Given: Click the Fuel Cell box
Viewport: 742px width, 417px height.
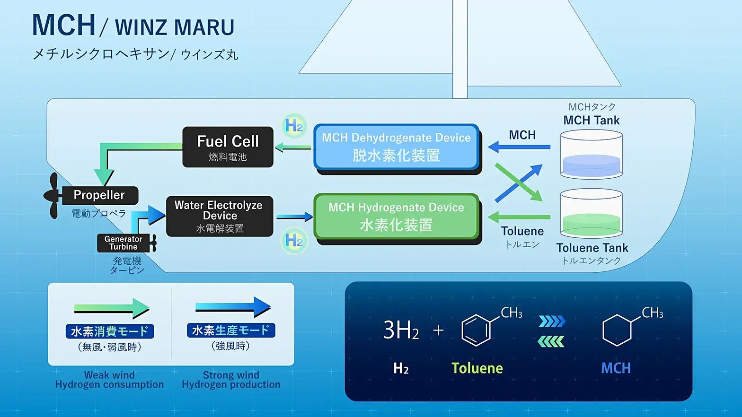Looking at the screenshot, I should coord(228,147).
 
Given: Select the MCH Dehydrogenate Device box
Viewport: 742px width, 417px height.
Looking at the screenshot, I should coord(396,147).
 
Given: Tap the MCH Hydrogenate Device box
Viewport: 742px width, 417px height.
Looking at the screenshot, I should coord(396,217).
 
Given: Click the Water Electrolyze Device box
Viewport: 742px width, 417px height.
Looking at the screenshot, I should coord(220,216).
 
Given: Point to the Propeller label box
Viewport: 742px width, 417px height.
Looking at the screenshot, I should coord(100,195).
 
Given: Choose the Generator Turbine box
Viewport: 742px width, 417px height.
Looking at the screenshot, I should coord(123,243).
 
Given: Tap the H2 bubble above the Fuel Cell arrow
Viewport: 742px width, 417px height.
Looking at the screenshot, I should coord(294,126).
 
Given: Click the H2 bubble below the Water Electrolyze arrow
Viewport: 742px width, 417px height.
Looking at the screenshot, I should coord(294,241).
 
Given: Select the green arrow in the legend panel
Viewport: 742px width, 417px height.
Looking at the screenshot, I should coord(112,309).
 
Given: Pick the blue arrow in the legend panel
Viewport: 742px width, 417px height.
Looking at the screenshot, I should coord(233,307).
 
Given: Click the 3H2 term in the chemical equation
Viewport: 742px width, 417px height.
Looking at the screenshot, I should coord(401,330).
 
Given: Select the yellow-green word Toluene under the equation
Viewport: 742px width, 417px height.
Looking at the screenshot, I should coord(477,368).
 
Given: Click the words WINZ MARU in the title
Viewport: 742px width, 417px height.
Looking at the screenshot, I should coord(175,27).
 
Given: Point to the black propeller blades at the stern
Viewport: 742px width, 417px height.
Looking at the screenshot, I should coord(53,195).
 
